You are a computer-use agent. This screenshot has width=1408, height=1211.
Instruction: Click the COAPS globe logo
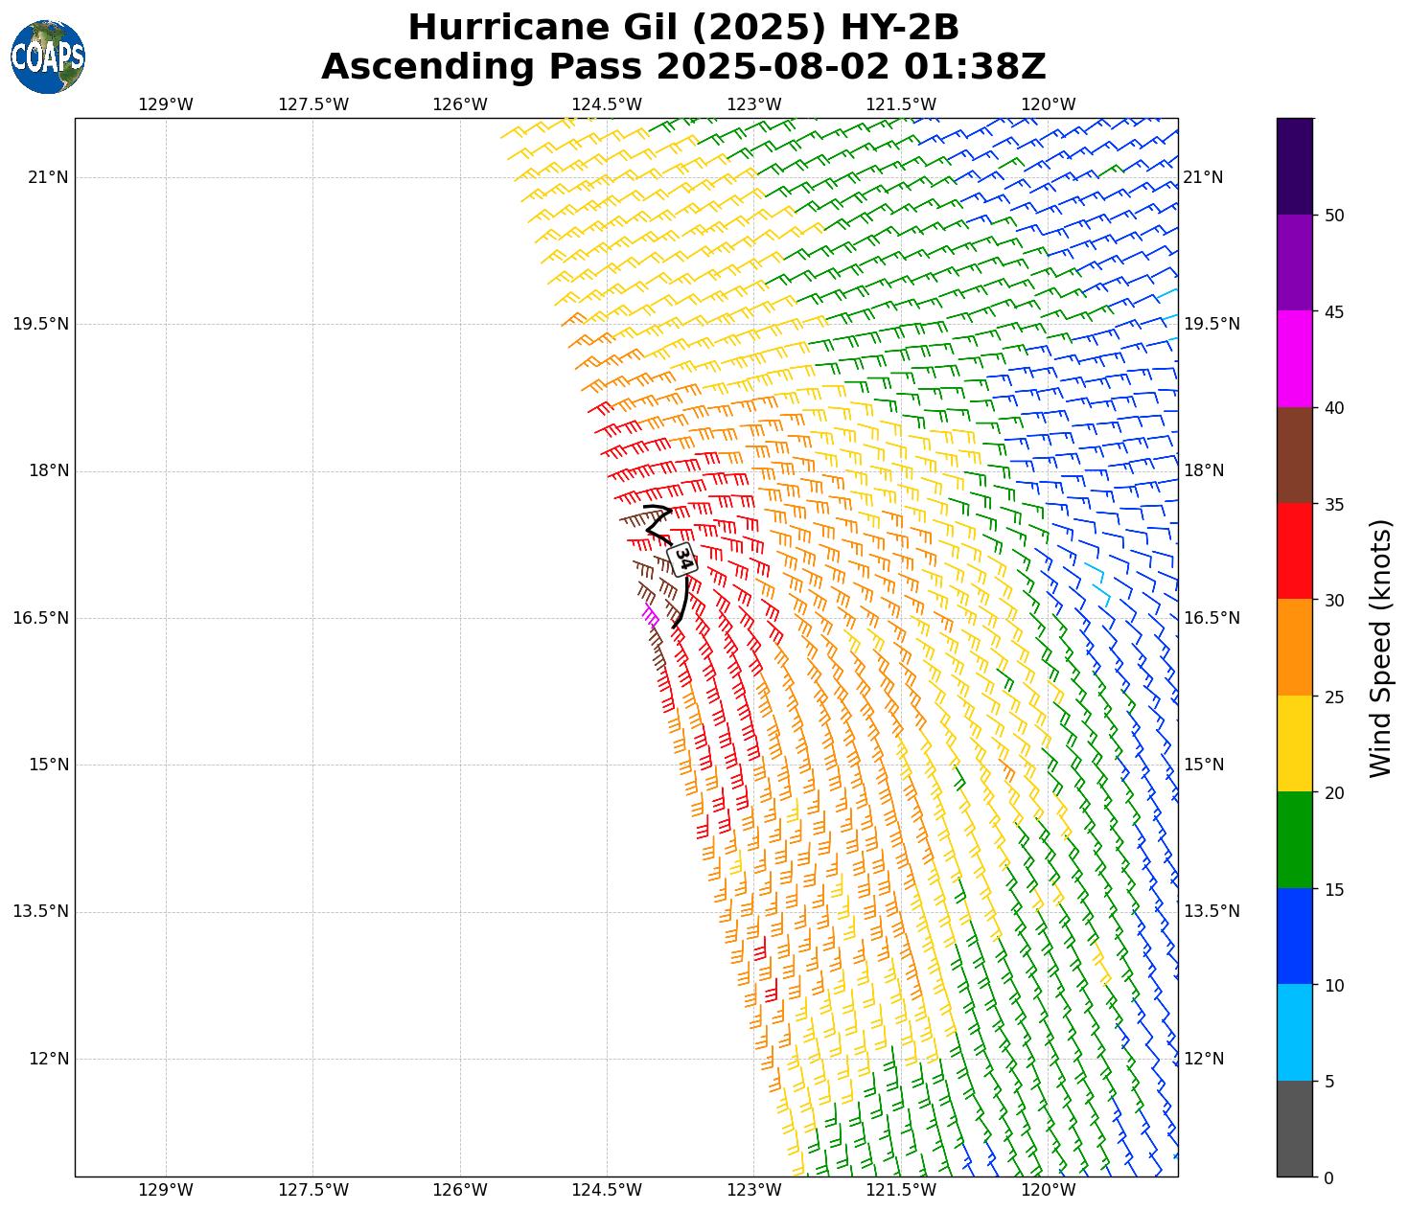pyautogui.click(x=48, y=57)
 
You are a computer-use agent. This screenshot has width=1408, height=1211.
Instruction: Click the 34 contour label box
pyautogui.click(x=681, y=559)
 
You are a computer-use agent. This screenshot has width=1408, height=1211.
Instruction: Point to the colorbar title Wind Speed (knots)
pyautogui.click(x=1379, y=648)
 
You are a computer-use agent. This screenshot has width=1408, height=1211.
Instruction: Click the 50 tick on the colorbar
pyautogui.click(x=1333, y=216)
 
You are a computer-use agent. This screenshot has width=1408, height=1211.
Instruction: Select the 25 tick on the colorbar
pyautogui.click(x=1333, y=697)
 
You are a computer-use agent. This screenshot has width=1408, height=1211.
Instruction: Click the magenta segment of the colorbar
pyautogui.click(x=1294, y=359)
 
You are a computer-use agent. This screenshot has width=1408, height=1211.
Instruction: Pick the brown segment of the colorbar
pyautogui.click(x=1294, y=455)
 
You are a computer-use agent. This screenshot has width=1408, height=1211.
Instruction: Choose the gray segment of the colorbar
pyautogui.click(x=1294, y=1129)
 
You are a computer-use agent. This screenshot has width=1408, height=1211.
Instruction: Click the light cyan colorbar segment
pyautogui.click(x=1294, y=1033)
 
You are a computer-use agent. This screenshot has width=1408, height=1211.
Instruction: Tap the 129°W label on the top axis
pyautogui.click(x=166, y=104)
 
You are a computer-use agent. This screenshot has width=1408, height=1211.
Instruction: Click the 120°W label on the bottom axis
pyautogui.click(x=1048, y=1191)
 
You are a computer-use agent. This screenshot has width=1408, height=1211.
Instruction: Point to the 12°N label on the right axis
pyautogui.click(x=1204, y=1059)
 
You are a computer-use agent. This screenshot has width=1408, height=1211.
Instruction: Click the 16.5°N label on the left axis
pyautogui.click(x=41, y=618)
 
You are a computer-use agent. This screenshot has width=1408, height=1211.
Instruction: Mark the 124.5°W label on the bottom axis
pyautogui.click(x=607, y=1191)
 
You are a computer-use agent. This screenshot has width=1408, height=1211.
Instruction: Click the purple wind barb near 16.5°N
pyautogui.click(x=650, y=614)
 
